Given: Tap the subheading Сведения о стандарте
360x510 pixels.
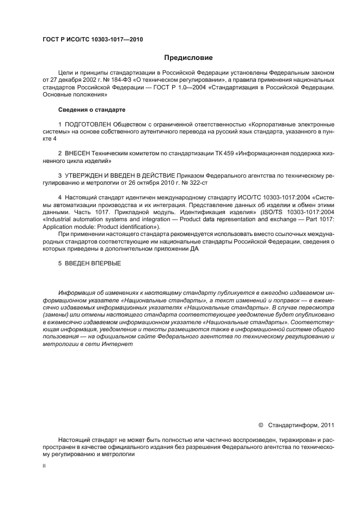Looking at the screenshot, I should click(91, 110).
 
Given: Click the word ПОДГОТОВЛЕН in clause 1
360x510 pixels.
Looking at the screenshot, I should click(86, 124).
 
